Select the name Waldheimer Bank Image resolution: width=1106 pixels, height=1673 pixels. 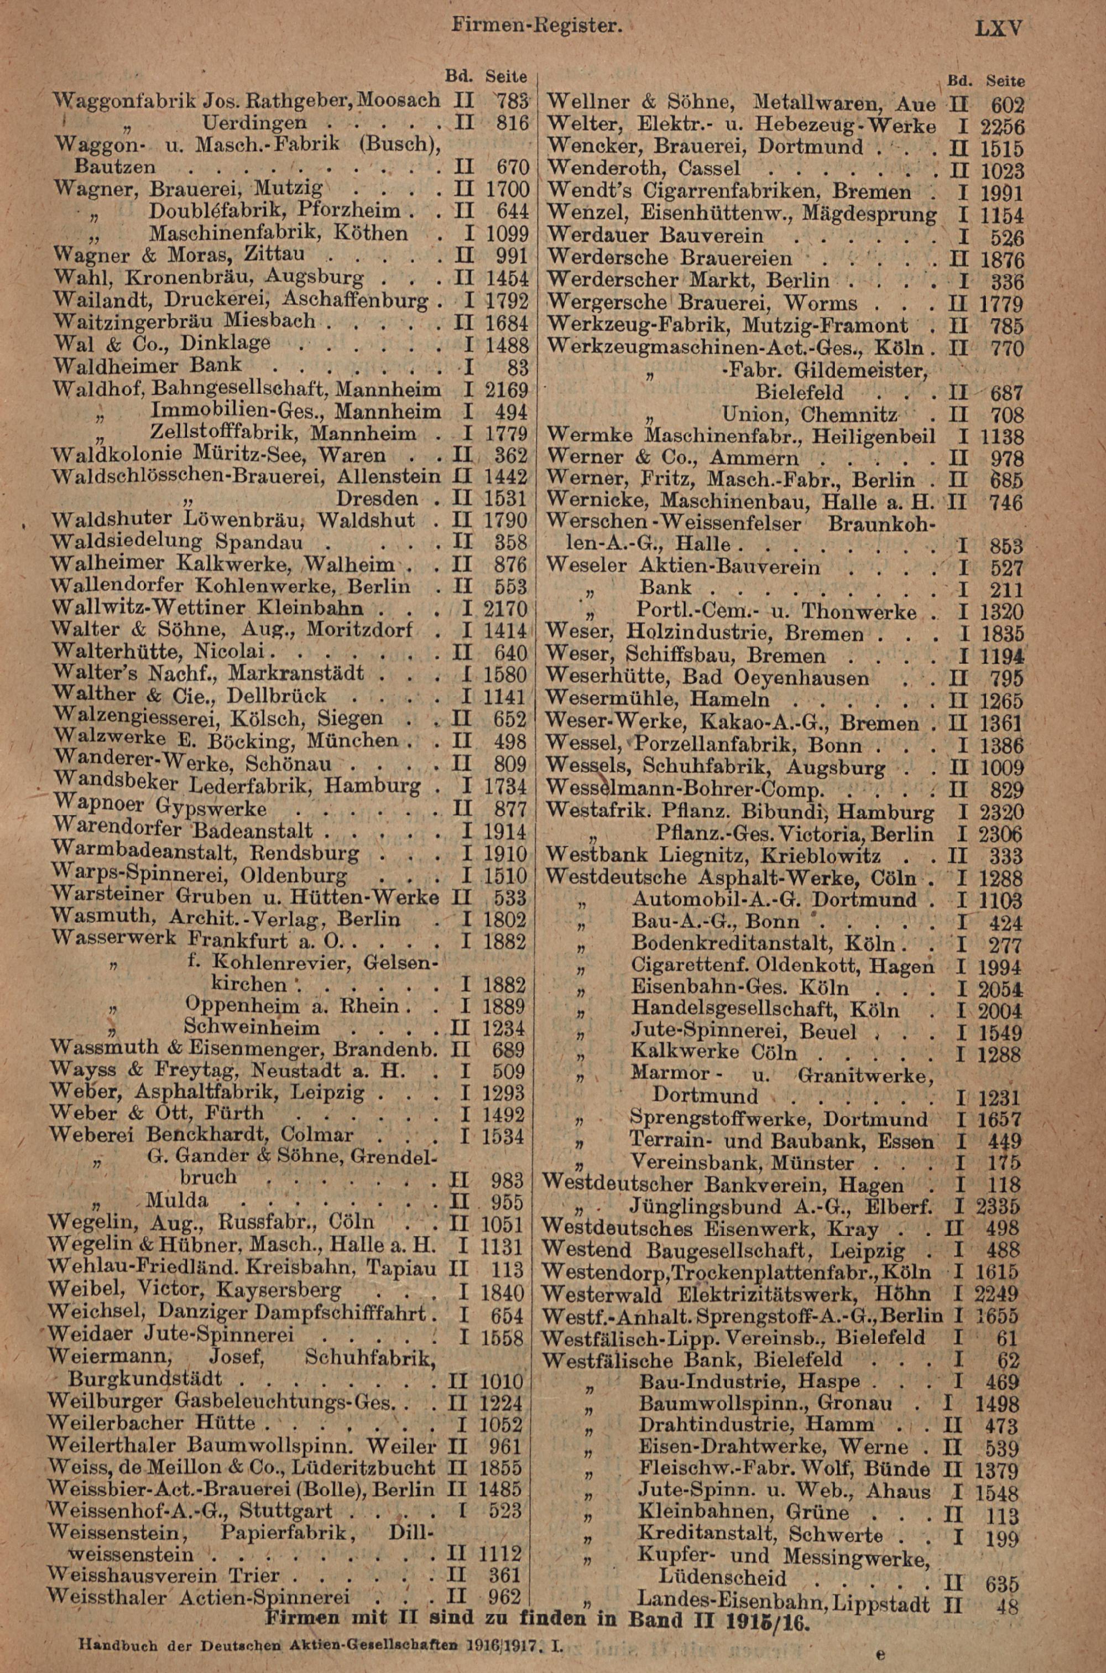click(147, 366)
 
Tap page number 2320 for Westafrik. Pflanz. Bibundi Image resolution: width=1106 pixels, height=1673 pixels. click(999, 813)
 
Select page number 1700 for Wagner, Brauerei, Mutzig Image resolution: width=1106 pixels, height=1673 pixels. click(507, 189)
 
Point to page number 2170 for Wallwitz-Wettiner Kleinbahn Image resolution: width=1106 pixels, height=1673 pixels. click(507, 608)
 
